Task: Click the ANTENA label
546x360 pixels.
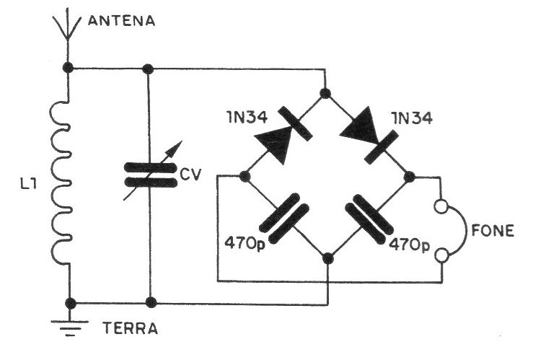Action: coord(121,21)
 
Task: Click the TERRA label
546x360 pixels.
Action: coord(131,328)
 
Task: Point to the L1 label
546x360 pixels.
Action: coord(29,184)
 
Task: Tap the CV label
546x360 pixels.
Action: coord(191,175)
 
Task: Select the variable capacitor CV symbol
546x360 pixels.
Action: coord(151,174)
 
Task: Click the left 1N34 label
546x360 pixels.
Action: coord(247,118)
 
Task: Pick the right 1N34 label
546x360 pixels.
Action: coord(412,118)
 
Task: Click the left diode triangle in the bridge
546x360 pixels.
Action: coord(275,144)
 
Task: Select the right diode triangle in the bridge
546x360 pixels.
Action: coord(358,126)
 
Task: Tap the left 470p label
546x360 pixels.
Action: coord(245,242)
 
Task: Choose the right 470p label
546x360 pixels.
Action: coord(410,245)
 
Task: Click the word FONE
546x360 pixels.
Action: coord(493,230)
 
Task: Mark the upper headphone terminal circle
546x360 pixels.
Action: coord(441,206)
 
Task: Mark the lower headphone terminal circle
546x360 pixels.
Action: coord(442,255)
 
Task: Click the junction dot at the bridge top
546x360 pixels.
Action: coord(325,93)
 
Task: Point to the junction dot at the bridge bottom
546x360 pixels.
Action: coord(327,259)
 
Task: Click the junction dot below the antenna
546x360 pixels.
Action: coord(68,68)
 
